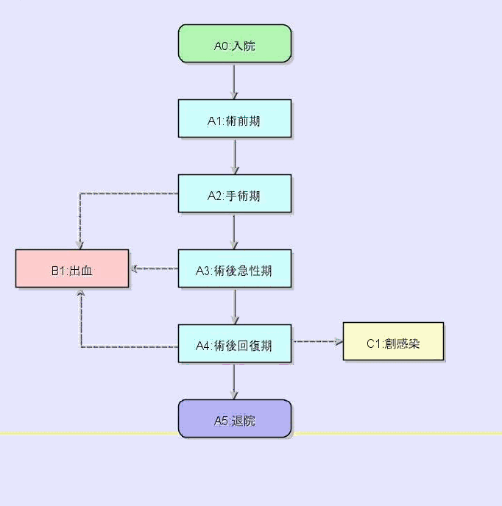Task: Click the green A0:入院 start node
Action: [235, 44]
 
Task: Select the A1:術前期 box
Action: [235, 118]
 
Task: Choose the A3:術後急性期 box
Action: [235, 269]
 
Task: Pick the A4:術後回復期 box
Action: [235, 343]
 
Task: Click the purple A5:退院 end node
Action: [235, 419]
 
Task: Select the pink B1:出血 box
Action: [72, 269]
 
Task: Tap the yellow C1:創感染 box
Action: [393, 342]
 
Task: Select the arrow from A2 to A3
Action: [235, 231]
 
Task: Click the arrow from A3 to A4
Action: [235, 306]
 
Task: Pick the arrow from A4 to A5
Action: [235, 381]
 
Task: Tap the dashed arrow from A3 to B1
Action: [155, 268]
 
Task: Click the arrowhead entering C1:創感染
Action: [339, 341]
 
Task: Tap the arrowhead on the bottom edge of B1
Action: [80, 293]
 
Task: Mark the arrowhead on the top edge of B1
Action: [79, 246]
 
